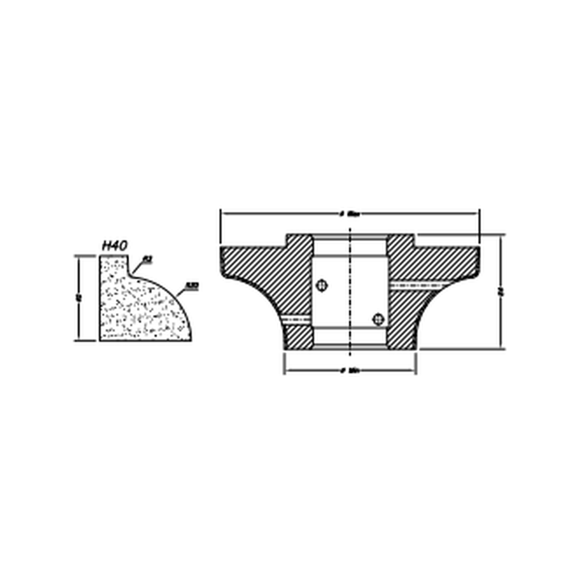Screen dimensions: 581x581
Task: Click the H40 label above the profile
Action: pyautogui.click(x=114, y=246)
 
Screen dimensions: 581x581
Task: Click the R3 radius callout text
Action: pyautogui.click(x=147, y=259)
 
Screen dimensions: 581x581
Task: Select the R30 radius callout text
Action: pyautogui.click(x=192, y=286)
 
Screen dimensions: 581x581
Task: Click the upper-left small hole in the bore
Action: pyautogui.click(x=322, y=285)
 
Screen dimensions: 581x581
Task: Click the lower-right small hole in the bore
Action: pyautogui.click(x=378, y=319)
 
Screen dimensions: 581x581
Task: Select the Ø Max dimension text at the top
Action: pyautogui.click(x=350, y=214)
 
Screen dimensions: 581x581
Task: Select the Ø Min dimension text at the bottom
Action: pyautogui.click(x=350, y=371)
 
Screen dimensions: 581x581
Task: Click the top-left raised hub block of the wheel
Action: pyautogui.click(x=299, y=241)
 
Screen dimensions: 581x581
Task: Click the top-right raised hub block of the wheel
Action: pyautogui.click(x=401, y=241)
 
